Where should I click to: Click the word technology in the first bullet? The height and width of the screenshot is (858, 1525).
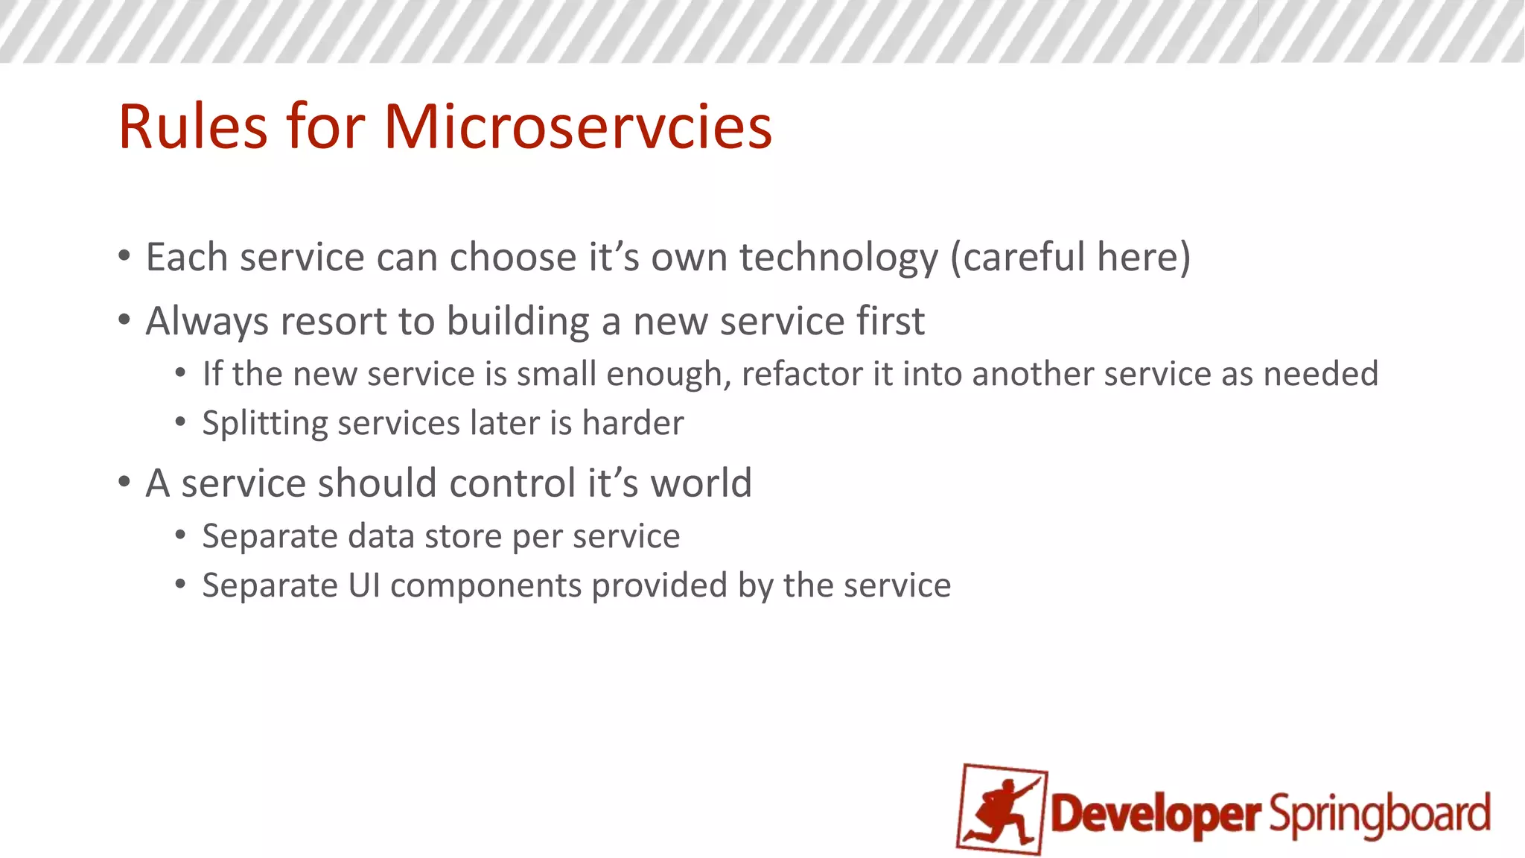(x=838, y=258)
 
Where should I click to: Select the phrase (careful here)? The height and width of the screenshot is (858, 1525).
(x=1070, y=258)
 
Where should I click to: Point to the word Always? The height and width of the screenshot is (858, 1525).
(x=206, y=322)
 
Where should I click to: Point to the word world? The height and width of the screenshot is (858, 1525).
(x=701, y=483)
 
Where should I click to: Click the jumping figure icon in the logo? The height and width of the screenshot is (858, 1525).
(x=1002, y=810)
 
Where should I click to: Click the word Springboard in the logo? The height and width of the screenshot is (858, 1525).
(x=1380, y=815)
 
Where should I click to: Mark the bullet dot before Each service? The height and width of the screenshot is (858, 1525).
(x=124, y=256)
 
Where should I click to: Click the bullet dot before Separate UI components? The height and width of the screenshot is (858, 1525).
(x=180, y=585)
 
